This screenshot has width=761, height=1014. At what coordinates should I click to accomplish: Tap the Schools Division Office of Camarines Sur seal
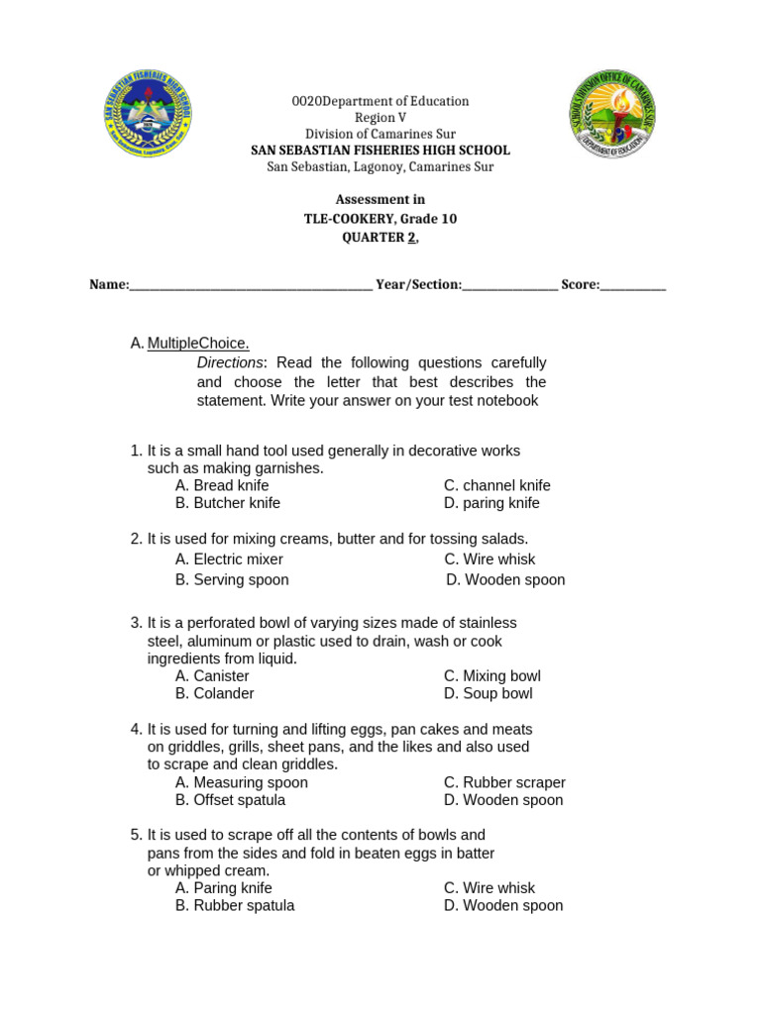click(x=611, y=114)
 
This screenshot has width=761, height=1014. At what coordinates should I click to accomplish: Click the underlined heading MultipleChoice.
click(x=198, y=344)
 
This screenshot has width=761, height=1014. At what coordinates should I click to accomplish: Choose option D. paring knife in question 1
click(x=491, y=503)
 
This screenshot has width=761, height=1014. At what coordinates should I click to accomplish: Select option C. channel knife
click(x=496, y=485)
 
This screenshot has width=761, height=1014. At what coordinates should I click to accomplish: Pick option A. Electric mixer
click(x=229, y=559)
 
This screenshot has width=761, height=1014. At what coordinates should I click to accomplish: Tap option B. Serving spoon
click(x=232, y=580)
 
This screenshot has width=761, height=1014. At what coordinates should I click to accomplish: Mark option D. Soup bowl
click(x=488, y=693)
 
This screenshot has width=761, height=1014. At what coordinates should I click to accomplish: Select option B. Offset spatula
click(x=230, y=800)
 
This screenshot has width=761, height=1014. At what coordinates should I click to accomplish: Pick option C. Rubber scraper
click(x=504, y=782)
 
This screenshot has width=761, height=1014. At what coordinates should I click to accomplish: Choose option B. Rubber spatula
click(x=235, y=905)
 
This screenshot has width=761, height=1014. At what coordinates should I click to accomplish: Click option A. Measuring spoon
click(x=242, y=782)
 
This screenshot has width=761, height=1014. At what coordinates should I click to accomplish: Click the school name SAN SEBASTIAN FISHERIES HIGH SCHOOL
click(x=380, y=151)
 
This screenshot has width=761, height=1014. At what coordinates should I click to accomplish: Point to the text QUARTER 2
click(x=380, y=238)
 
